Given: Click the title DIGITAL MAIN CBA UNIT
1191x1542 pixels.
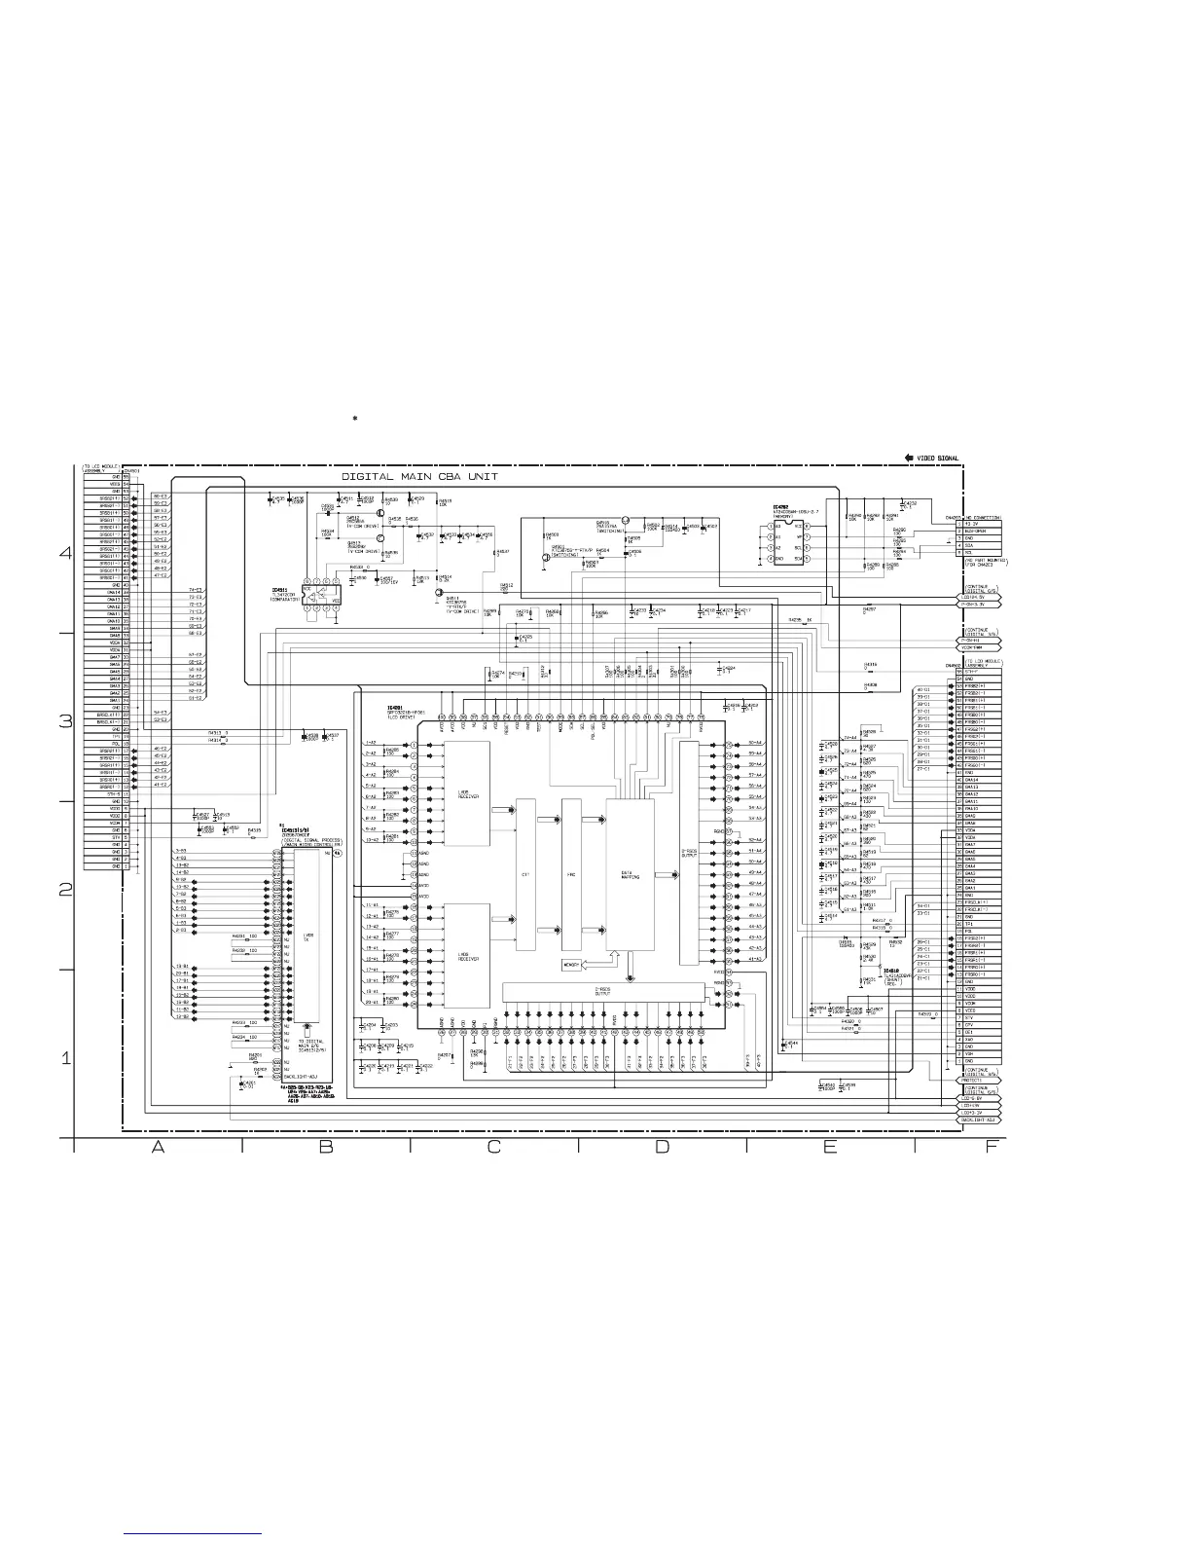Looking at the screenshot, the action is point(419,477).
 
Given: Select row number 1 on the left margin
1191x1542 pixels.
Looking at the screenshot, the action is point(66,1058).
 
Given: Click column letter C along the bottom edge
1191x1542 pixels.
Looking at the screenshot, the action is point(493,1147).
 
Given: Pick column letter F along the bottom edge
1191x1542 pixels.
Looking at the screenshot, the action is point(991,1147).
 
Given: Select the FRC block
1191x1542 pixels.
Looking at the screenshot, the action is point(571,874).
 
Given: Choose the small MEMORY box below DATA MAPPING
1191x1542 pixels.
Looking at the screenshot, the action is point(572,965).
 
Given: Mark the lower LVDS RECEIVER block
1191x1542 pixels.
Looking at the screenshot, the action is point(467,955).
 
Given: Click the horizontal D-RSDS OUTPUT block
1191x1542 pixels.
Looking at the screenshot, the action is point(603,991).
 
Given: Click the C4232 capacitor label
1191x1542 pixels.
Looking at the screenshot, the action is point(911,503).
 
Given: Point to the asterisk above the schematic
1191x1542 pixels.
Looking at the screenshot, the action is point(356,419).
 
